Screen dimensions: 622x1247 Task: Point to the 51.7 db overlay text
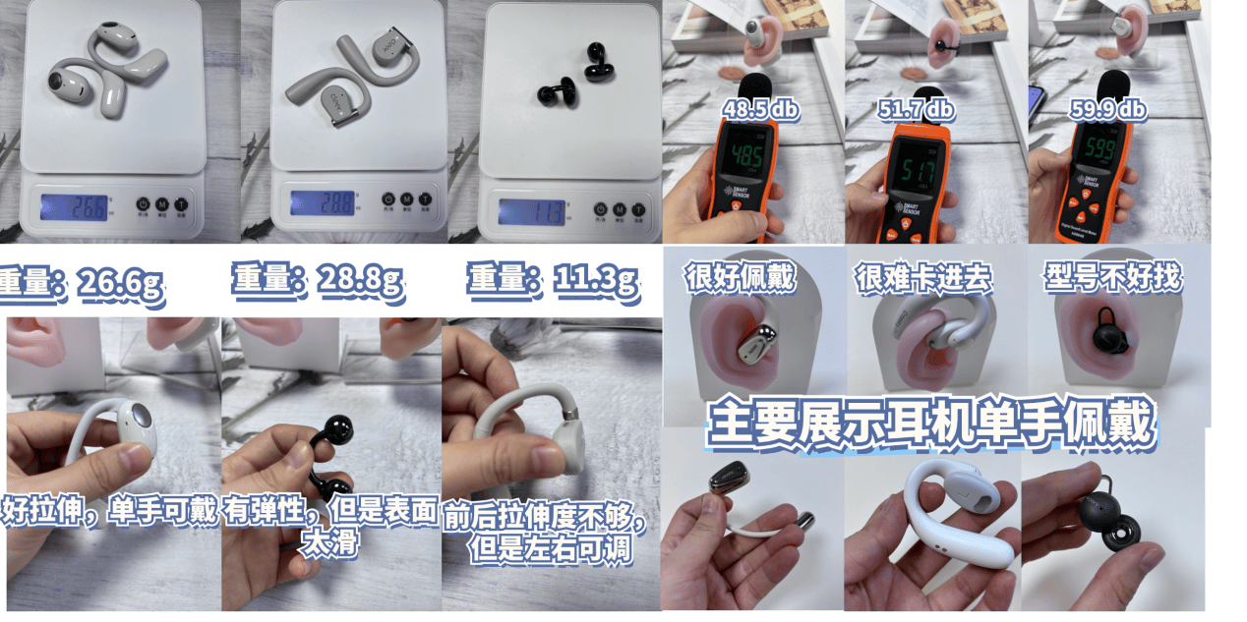point(916,108)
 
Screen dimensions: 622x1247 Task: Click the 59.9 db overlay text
point(1108,110)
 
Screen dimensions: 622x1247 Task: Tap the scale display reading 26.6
point(75,207)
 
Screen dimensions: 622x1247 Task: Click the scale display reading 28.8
point(324,203)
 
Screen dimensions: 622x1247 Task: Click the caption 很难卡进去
point(923,279)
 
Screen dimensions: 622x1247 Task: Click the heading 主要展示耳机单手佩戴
point(928,423)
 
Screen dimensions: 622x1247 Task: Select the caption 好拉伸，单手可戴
point(110,512)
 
